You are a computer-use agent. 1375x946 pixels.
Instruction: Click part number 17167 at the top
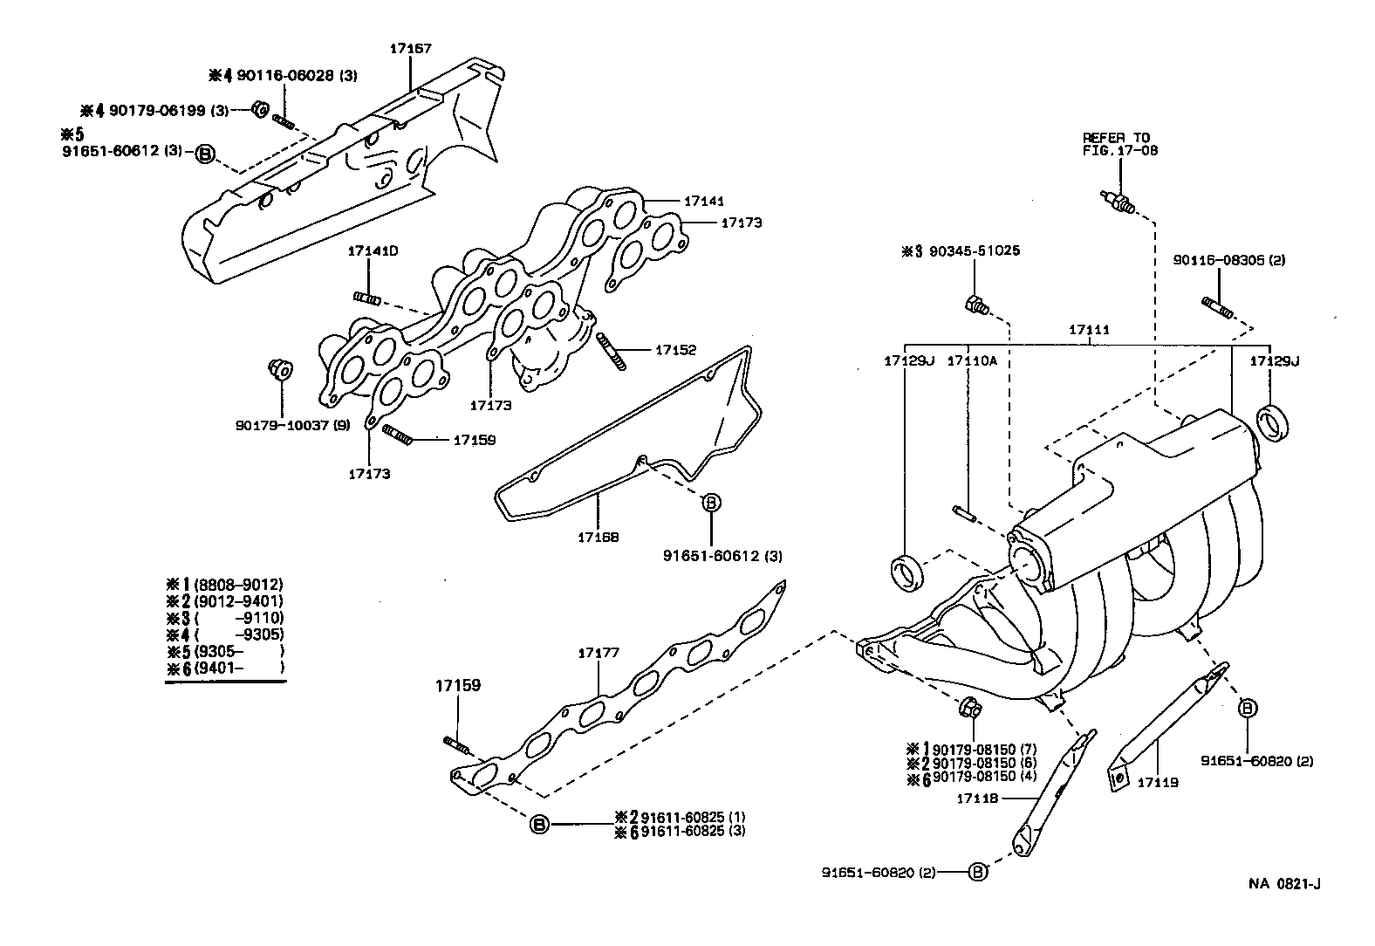[x=411, y=49]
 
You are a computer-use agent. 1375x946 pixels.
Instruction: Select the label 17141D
[x=373, y=251]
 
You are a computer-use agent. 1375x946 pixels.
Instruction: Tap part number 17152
[x=676, y=350]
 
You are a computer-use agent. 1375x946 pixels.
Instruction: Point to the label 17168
[x=598, y=538]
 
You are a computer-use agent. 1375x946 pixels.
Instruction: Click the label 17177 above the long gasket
[x=599, y=653]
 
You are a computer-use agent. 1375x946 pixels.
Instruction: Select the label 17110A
[x=971, y=360]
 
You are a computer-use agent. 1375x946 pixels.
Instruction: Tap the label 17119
[x=1157, y=783]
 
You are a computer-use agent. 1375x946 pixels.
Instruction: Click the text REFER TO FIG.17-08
[x=1116, y=144]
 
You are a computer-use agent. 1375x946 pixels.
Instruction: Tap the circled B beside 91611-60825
[x=539, y=824]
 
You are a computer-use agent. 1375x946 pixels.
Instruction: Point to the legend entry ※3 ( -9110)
[x=225, y=618]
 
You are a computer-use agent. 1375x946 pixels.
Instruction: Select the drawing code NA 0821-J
[x=1283, y=884]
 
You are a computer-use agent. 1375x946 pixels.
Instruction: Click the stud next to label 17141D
[x=366, y=299]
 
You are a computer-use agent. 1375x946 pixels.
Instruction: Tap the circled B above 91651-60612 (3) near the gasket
[x=711, y=503]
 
